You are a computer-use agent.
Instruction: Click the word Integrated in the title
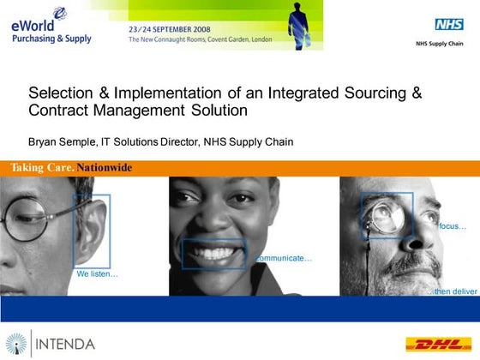click(303, 93)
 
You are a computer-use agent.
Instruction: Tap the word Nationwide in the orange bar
click(105, 167)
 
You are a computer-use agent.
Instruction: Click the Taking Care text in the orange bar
click(42, 167)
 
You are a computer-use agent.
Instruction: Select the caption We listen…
click(97, 274)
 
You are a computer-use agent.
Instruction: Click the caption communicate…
click(284, 258)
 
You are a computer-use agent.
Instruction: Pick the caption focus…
click(453, 226)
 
